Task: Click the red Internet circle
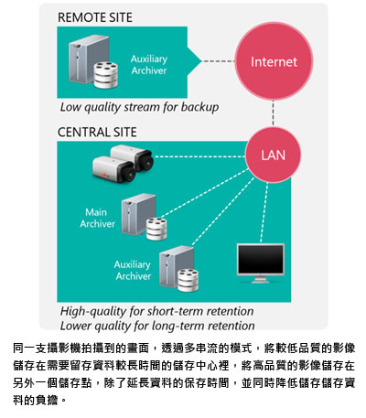pos(274,61)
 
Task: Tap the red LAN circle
pos(273,155)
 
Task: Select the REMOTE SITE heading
pos(95,17)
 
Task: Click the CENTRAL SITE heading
pos(97,132)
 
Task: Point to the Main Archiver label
pos(97,218)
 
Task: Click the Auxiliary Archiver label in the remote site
pos(149,65)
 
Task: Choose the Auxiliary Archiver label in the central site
pos(133,270)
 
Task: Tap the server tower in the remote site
pos(89,59)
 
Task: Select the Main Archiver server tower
pos(138,214)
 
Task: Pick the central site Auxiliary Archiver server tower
pos(176,267)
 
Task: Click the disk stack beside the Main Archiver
pos(156,229)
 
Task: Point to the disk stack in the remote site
pos(105,75)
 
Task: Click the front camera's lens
pos(131,175)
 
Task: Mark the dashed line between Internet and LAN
pos(273,113)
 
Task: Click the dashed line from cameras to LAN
pos(199,156)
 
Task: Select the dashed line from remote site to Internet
pos(219,61)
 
